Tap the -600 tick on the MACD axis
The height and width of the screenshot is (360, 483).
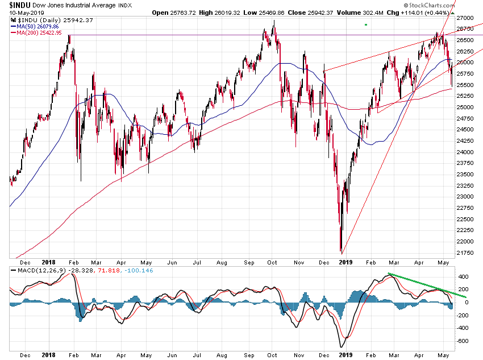[x=463, y=341]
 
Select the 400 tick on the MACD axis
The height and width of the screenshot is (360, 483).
[x=463, y=276]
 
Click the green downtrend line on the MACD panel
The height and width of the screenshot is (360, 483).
[x=426, y=285]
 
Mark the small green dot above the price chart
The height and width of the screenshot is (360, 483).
[x=366, y=25]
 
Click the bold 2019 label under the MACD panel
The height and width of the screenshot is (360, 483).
[x=345, y=355]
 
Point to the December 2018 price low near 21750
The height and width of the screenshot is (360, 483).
[x=341, y=251]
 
